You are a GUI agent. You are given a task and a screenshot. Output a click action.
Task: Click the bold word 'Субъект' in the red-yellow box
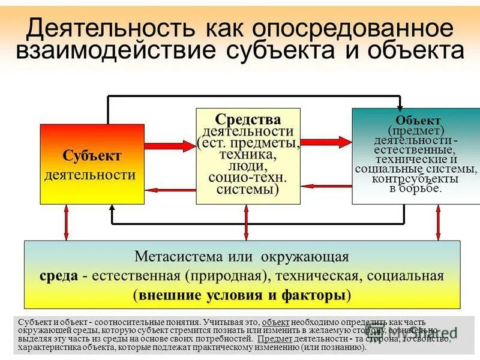92,156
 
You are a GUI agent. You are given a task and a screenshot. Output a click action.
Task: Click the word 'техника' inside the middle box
248,155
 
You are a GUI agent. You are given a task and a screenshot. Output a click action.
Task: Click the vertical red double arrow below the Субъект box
67,223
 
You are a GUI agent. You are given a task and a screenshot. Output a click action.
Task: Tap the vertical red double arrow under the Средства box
246,223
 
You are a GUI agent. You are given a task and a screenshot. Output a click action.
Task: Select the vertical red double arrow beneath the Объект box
439,223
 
